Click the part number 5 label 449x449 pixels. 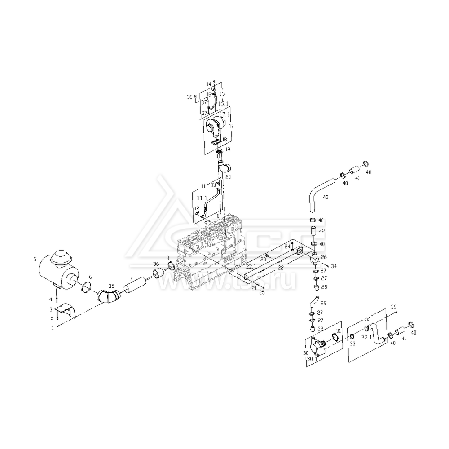tap(35, 259)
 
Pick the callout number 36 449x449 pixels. tap(156, 264)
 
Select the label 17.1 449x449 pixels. tap(224, 114)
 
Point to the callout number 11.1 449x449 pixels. tap(201, 198)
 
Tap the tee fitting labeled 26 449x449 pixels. tap(315, 258)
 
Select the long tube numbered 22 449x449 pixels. tap(269, 265)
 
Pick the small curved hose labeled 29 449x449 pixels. tap(315, 301)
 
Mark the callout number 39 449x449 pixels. tap(394, 307)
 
